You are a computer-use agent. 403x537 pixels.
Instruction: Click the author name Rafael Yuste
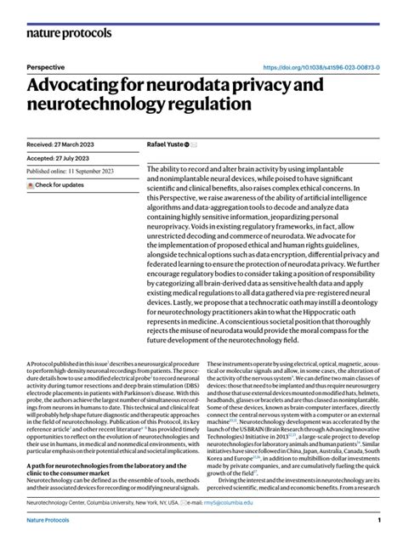click(166, 144)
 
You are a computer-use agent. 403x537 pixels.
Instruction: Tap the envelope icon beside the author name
click(196, 144)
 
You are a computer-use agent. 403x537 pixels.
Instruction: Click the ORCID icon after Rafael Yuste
click(187, 144)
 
